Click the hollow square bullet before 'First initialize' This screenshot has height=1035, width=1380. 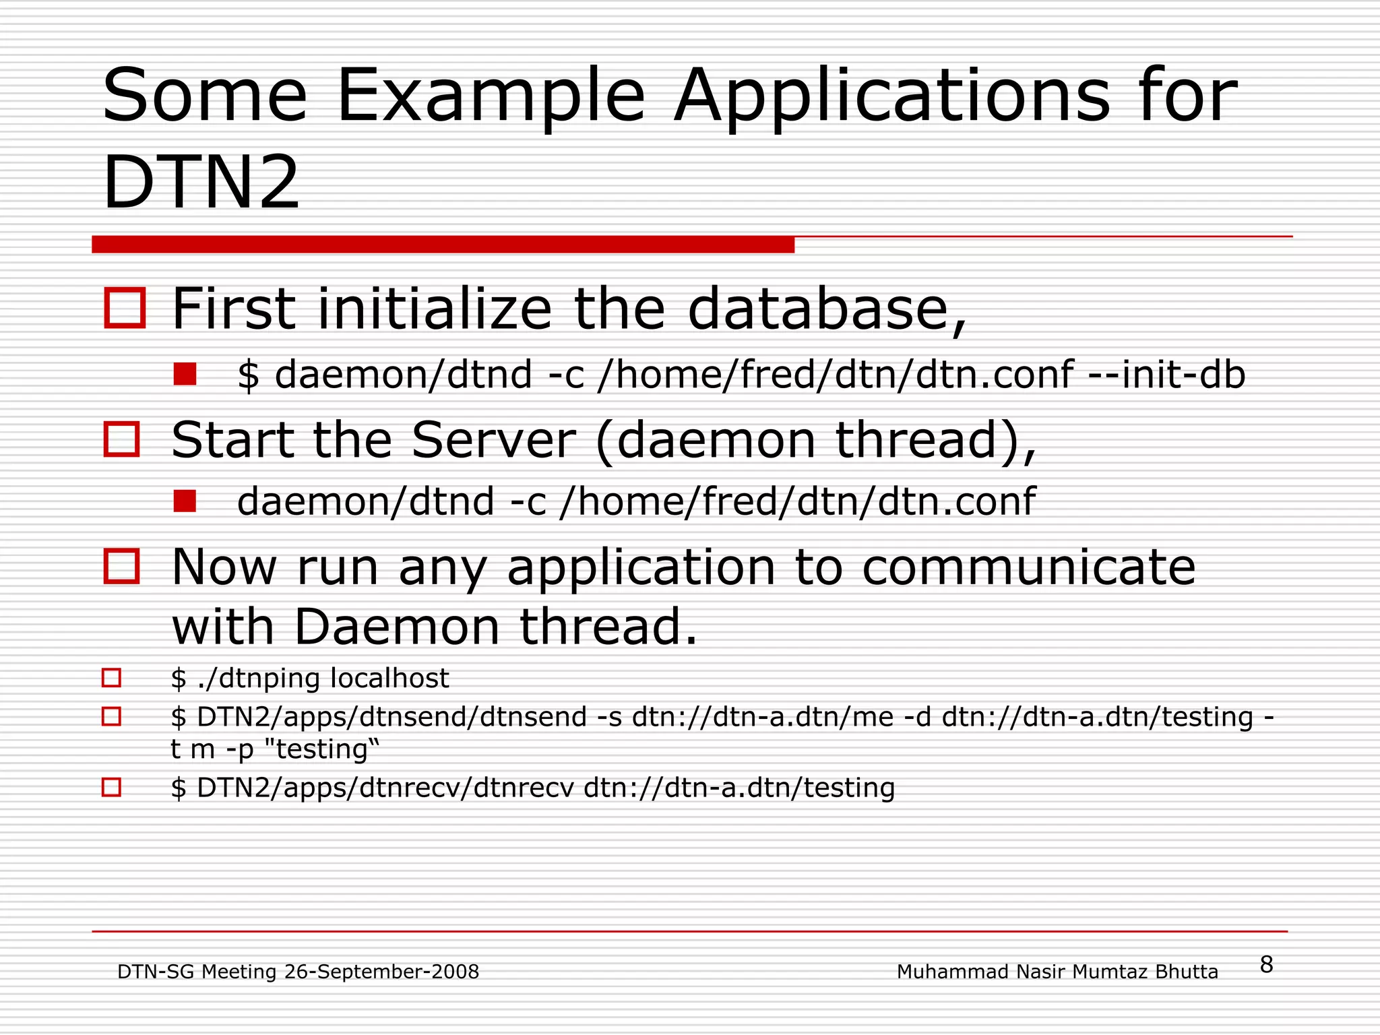pos(125,309)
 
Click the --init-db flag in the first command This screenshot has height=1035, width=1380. pos(1167,375)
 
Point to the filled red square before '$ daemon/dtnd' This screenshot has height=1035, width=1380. pos(185,375)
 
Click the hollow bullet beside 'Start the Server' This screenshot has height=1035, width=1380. pos(122,439)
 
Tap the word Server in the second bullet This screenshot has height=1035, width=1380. pos(493,441)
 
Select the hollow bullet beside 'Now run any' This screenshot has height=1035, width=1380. pos(122,566)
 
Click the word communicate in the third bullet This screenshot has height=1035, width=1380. pos(1028,567)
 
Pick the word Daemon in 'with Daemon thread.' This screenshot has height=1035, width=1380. pos(397,627)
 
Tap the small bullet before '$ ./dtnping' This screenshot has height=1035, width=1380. pos(111,678)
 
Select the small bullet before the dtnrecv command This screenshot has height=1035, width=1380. pos(111,787)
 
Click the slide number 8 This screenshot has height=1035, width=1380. pos(1266,965)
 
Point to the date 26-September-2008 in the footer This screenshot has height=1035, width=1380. pos(381,972)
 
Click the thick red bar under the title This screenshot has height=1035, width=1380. pos(443,245)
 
